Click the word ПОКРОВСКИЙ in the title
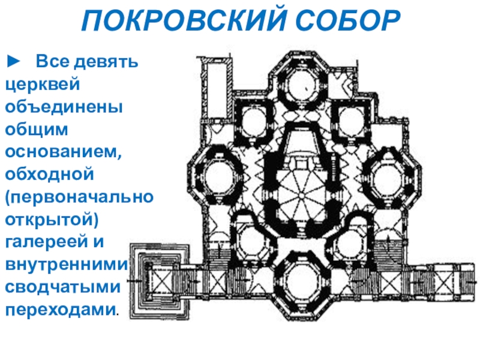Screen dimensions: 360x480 click(170, 22)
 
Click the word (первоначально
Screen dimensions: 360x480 click(79, 197)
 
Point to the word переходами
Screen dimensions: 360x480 click(61, 310)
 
